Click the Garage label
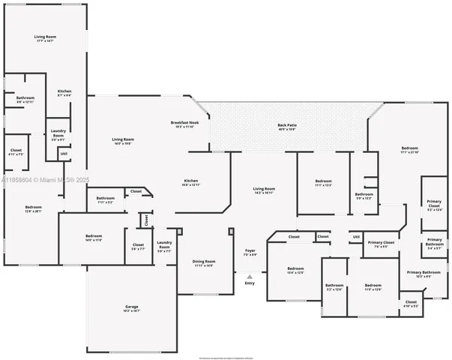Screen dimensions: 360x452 click(x=131, y=309)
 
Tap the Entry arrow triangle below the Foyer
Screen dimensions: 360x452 click(x=250, y=276)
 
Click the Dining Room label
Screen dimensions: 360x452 click(x=204, y=263)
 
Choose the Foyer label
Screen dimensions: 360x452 click(x=250, y=253)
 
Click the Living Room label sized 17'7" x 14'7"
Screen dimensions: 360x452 click(x=45, y=38)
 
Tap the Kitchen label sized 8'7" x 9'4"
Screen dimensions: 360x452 click(x=64, y=93)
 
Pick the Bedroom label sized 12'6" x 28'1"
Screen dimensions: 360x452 click(x=34, y=208)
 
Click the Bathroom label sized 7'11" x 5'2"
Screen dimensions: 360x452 click(x=105, y=199)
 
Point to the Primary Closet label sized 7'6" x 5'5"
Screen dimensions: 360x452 click(x=381, y=244)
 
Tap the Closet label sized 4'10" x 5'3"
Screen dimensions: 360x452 click(x=411, y=304)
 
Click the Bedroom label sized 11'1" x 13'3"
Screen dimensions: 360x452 click(x=323, y=183)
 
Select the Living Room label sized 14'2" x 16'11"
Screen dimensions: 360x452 click(x=264, y=190)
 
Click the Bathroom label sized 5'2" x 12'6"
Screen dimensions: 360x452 click(x=334, y=287)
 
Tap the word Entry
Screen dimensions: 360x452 click(x=250, y=283)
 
